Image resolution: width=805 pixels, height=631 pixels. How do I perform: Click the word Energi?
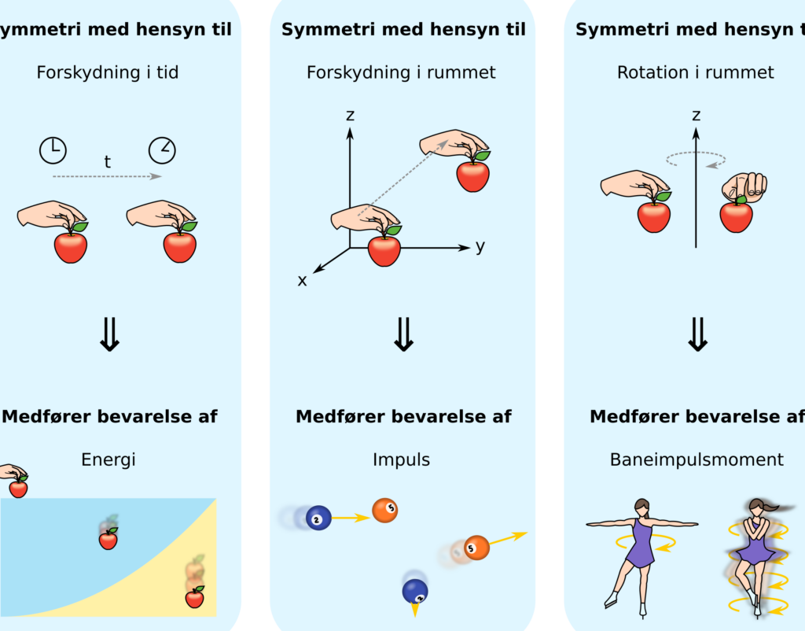[108, 459]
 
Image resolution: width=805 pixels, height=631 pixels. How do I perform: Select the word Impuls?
[402, 459]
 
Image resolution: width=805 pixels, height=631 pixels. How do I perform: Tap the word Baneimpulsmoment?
[697, 459]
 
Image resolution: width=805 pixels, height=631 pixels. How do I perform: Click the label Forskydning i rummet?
[402, 72]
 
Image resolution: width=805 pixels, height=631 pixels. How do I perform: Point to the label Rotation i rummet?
[696, 72]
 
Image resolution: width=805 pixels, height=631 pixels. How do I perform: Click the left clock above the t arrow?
[53, 150]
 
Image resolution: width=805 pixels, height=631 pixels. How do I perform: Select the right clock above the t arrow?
[162, 150]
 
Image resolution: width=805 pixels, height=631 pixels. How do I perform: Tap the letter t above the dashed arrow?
[107, 162]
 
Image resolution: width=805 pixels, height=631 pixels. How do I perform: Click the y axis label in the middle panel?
[480, 247]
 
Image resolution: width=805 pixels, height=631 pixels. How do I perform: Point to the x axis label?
[303, 281]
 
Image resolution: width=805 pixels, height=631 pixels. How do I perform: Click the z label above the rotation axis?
[697, 115]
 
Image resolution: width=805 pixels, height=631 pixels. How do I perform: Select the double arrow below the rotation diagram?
[697, 334]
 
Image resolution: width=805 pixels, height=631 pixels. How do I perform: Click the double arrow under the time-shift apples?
[109, 334]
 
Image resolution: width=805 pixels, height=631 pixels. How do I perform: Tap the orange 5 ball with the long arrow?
[476, 548]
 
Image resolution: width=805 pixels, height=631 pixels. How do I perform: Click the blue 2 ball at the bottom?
[415, 592]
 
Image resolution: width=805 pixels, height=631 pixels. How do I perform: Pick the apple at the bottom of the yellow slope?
[195, 598]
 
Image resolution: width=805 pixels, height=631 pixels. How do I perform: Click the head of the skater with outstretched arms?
[641, 507]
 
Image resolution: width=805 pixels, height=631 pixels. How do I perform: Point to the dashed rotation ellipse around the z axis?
[696, 159]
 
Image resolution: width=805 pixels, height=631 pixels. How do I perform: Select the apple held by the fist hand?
[736, 216]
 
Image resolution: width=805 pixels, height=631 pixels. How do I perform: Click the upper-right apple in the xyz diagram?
[472, 175]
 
